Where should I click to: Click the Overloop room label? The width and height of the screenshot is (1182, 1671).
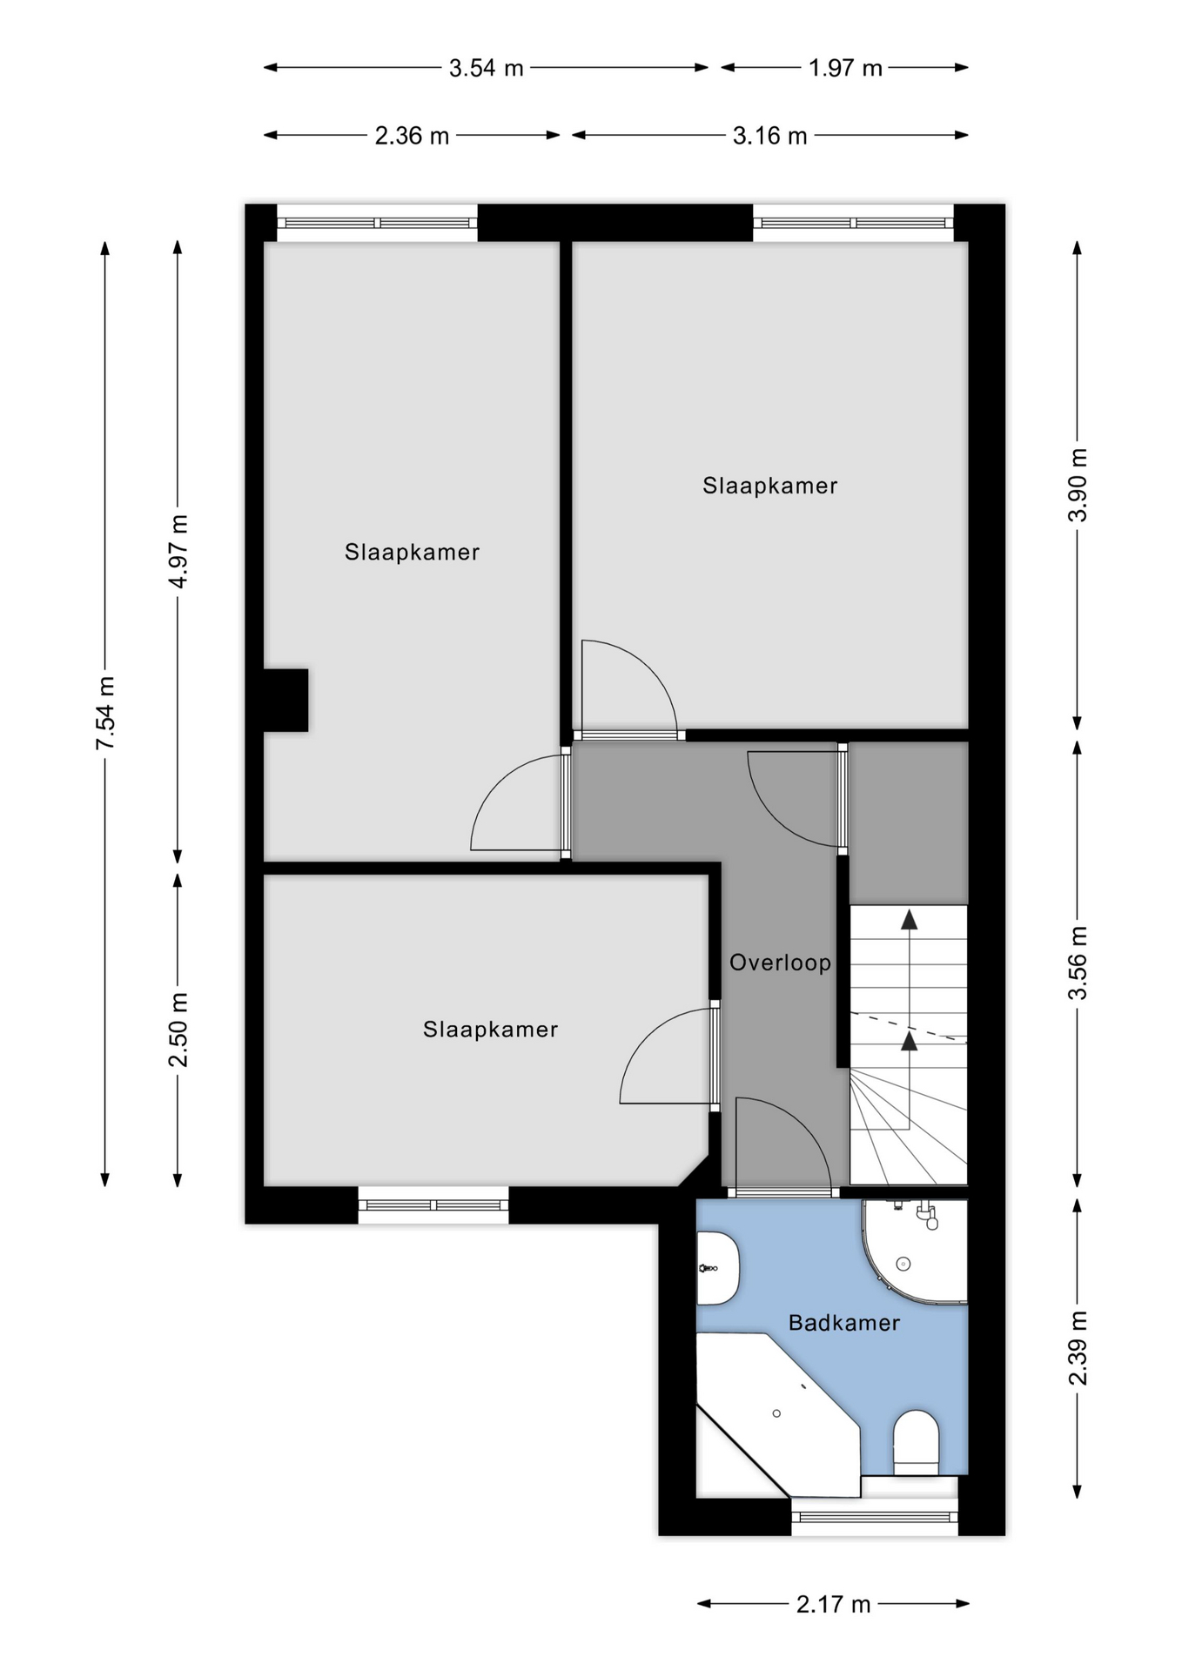pyautogui.click(x=780, y=963)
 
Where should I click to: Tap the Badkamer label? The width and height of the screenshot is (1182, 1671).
pyautogui.click(x=843, y=1323)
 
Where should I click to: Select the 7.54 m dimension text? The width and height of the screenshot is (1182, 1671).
pyautogui.click(x=105, y=713)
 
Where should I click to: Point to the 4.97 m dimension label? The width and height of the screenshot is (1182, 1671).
pyautogui.click(x=178, y=552)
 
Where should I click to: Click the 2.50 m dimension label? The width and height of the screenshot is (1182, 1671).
pyautogui.click(x=178, y=1030)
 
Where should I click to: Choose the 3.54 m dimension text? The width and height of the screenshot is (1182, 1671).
pyautogui.click(x=486, y=68)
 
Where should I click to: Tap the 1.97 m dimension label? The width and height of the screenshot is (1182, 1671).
pyautogui.click(x=845, y=68)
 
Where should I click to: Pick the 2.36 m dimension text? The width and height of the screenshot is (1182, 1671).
pyautogui.click(x=412, y=136)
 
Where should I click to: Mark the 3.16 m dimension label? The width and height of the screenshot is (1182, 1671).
pyautogui.click(x=769, y=136)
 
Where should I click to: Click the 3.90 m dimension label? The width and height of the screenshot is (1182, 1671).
pyautogui.click(x=1078, y=485)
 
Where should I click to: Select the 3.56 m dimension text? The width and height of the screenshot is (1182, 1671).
pyautogui.click(x=1078, y=963)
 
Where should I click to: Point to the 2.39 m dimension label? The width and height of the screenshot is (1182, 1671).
pyautogui.click(x=1078, y=1348)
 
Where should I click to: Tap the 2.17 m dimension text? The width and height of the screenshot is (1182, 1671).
pyautogui.click(x=833, y=1604)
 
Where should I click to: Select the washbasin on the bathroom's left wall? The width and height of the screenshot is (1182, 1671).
pyautogui.click(x=717, y=1268)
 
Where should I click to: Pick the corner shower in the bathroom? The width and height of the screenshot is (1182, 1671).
pyautogui.click(x=915, y=1252)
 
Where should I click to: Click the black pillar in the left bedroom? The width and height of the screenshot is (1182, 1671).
pyautogui.click(x=285, y=700)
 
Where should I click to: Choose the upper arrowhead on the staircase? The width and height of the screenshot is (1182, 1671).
pyautogui.click(x=909, y=919)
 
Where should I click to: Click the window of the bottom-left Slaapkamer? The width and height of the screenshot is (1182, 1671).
pyautogui.click(x=433, y=1205)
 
